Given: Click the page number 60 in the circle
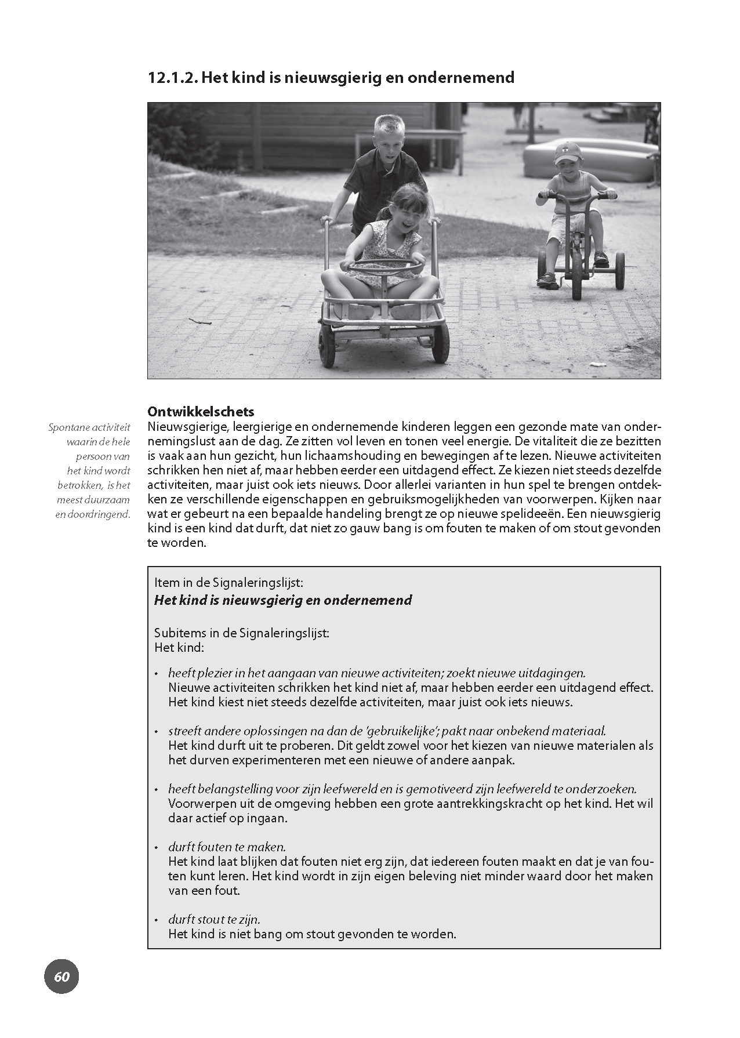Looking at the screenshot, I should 61,977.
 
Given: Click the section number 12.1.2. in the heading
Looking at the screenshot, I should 172,78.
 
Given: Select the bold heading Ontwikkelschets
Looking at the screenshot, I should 201,412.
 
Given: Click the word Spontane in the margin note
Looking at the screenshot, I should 69,427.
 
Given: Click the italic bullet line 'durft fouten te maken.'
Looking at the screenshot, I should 227,847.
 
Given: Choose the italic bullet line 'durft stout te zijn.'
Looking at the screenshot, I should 214,920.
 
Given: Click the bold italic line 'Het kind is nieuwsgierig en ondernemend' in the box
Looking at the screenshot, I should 283,600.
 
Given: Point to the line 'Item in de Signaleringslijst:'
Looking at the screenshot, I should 228,583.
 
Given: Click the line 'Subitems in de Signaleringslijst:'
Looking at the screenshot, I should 242,633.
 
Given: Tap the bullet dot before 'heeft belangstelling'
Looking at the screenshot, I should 156,790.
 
